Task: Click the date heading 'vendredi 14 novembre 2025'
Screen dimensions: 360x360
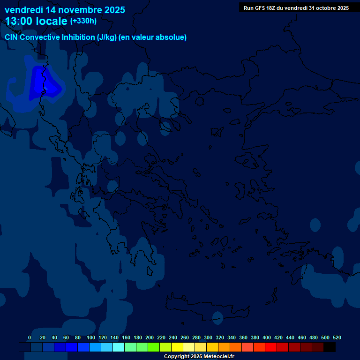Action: click(x=65, y=10)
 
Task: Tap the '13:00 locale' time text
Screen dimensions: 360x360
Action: click(x=36, y=21)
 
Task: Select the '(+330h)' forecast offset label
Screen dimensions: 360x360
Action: click(x=83, y=21)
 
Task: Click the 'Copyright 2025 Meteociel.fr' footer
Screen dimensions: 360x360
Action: click(x=199, y=357)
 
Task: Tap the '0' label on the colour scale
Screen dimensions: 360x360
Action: click(x=30, y=337)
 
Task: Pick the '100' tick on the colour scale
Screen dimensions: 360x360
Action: click(x=90, y=337)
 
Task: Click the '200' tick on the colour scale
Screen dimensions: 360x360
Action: click(x=150, y=337)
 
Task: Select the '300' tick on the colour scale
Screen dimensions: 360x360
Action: click(x=208, y=337)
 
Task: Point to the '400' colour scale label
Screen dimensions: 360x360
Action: click(x=267, y=337)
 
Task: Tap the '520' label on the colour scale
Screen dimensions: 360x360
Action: click(x=337, y=337)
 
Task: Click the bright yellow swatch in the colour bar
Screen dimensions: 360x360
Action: click(x=177, y=347)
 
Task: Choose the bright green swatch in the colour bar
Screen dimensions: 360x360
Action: click(x=154, y=347)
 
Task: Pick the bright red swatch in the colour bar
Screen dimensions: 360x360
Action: click(x=271, y=347)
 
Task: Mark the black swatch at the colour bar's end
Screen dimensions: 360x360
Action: click(x=330, y=347)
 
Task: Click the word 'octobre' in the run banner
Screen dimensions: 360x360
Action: click(x=323, y=8)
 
